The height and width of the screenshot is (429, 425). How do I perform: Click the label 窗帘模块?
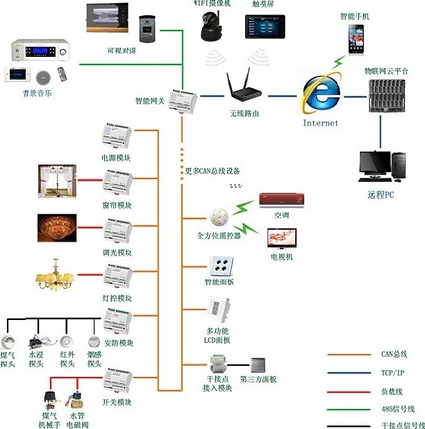point(117,205)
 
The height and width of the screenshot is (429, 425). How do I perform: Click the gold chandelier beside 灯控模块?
point(55,275)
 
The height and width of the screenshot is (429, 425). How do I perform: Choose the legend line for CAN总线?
point(351,354)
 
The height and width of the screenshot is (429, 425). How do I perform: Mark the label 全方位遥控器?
point(219,236)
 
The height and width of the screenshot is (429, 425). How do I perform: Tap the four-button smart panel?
point(221,267)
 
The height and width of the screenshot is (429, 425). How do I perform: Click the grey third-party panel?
point(258,365)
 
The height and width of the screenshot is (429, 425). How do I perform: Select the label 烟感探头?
point(94,360)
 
